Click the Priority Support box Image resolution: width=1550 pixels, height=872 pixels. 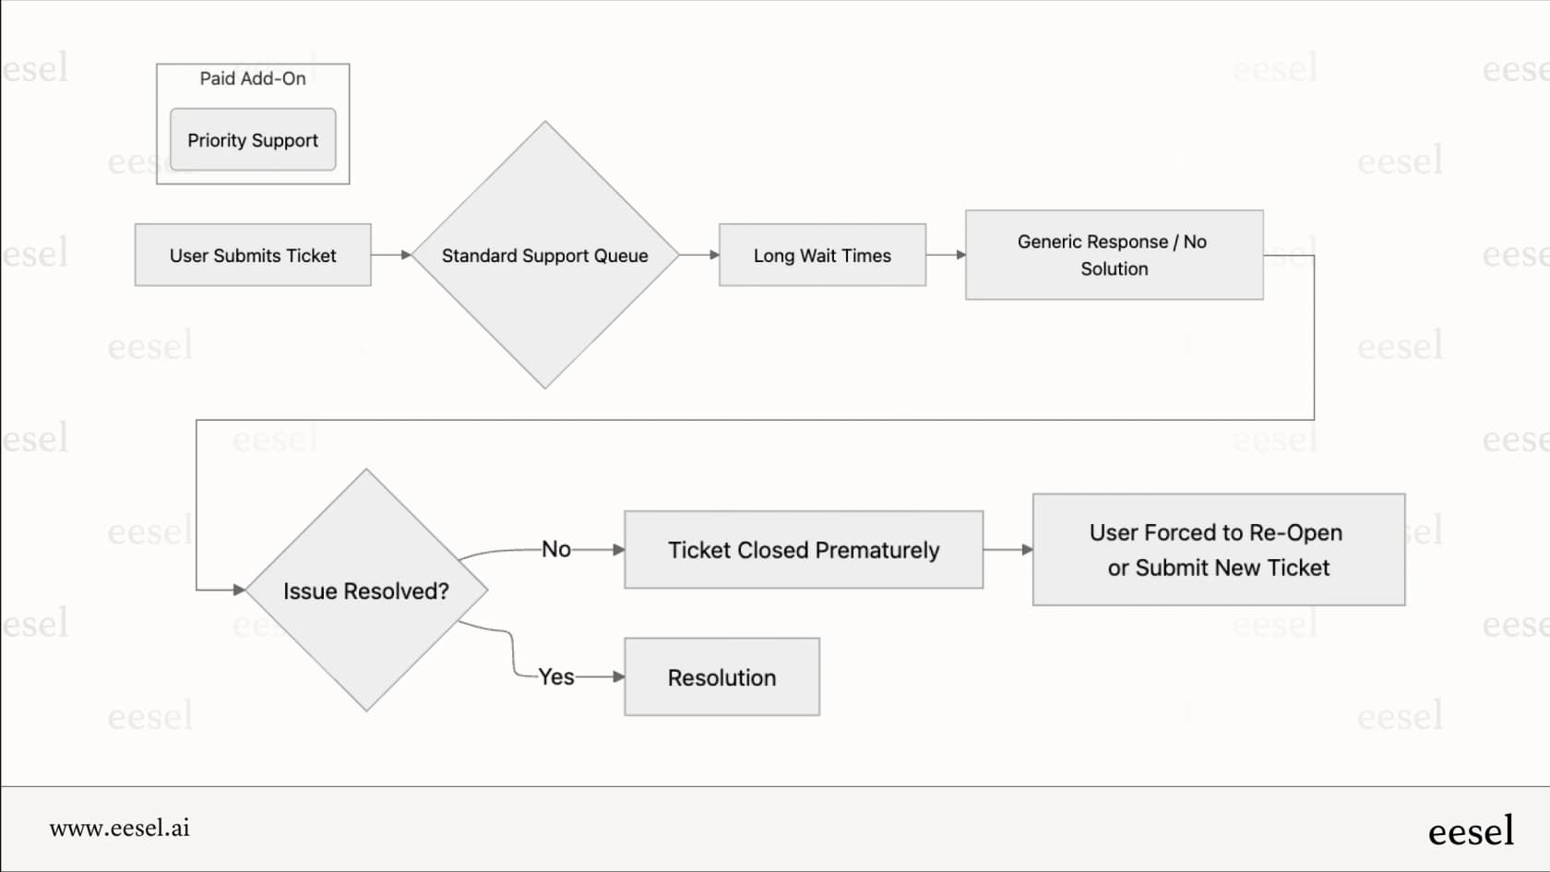click(x=253, y=139)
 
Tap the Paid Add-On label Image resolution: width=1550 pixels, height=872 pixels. click(x=253, y=79)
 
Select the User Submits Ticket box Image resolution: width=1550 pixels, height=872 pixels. click(x=253, y=255)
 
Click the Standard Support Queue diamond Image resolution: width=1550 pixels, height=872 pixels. click(x=545, y=255)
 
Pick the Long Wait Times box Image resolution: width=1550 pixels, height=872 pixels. click(x=823, y=255)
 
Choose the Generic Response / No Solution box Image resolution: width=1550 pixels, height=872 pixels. click(x=1115, y=255)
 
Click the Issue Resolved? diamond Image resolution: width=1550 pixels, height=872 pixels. click(x=367, y=591)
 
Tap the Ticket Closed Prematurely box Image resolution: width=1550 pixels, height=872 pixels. click(x=804, y=550)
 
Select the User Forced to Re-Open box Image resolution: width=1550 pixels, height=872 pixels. click(x=1219, y=550)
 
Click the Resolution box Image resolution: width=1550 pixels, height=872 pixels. click(x=721, y=677)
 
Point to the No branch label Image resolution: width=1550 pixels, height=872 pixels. click(x=556, y=550)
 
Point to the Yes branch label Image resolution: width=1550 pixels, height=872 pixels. click(x=556, y=677)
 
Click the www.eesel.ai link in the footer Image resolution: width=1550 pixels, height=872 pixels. click(x=120, y=828)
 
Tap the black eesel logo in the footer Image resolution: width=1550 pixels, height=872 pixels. click(x=1471, y=830)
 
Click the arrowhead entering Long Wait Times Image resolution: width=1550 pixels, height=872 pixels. click(x=714, y=255)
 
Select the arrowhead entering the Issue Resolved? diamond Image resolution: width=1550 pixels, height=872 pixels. click(x=240, y=591)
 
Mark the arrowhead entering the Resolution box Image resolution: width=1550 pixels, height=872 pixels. click(x=618, y=677)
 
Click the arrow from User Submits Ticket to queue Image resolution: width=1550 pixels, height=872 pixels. click(x=391, y=255)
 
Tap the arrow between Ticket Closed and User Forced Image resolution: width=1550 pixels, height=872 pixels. click(x=1008, y=550)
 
